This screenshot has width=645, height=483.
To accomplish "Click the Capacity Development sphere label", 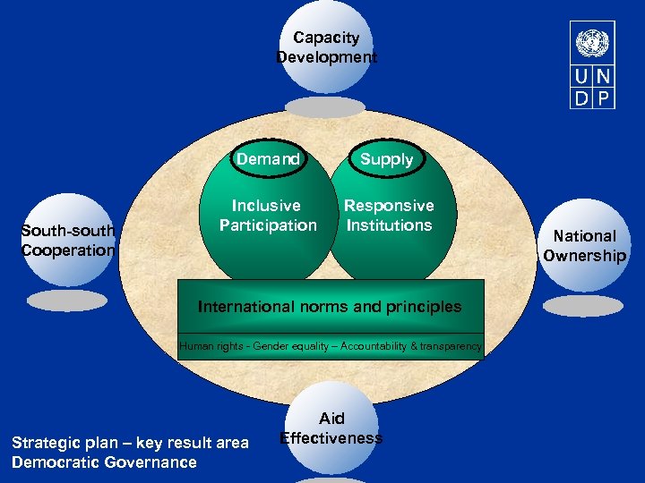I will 326,47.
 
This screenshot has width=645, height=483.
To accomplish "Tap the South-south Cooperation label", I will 69,241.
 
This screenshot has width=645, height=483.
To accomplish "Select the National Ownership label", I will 584,246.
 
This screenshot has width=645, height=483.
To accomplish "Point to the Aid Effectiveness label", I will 331,428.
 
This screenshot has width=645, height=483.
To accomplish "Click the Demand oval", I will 268,159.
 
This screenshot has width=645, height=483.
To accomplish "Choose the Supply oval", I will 387,159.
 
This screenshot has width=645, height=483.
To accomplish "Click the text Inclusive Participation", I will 268,216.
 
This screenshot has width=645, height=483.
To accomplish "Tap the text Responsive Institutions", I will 389,216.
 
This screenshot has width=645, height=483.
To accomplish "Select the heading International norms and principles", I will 330,307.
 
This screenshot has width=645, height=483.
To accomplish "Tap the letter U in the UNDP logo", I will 583,78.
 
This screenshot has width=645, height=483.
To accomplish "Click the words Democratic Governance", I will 104,462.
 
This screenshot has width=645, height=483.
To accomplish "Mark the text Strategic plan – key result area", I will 130,443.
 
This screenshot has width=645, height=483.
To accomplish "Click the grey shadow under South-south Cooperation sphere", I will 66,301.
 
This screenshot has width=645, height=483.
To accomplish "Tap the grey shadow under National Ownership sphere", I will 583,306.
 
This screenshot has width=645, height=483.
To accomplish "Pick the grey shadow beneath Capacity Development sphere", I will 325,107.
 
